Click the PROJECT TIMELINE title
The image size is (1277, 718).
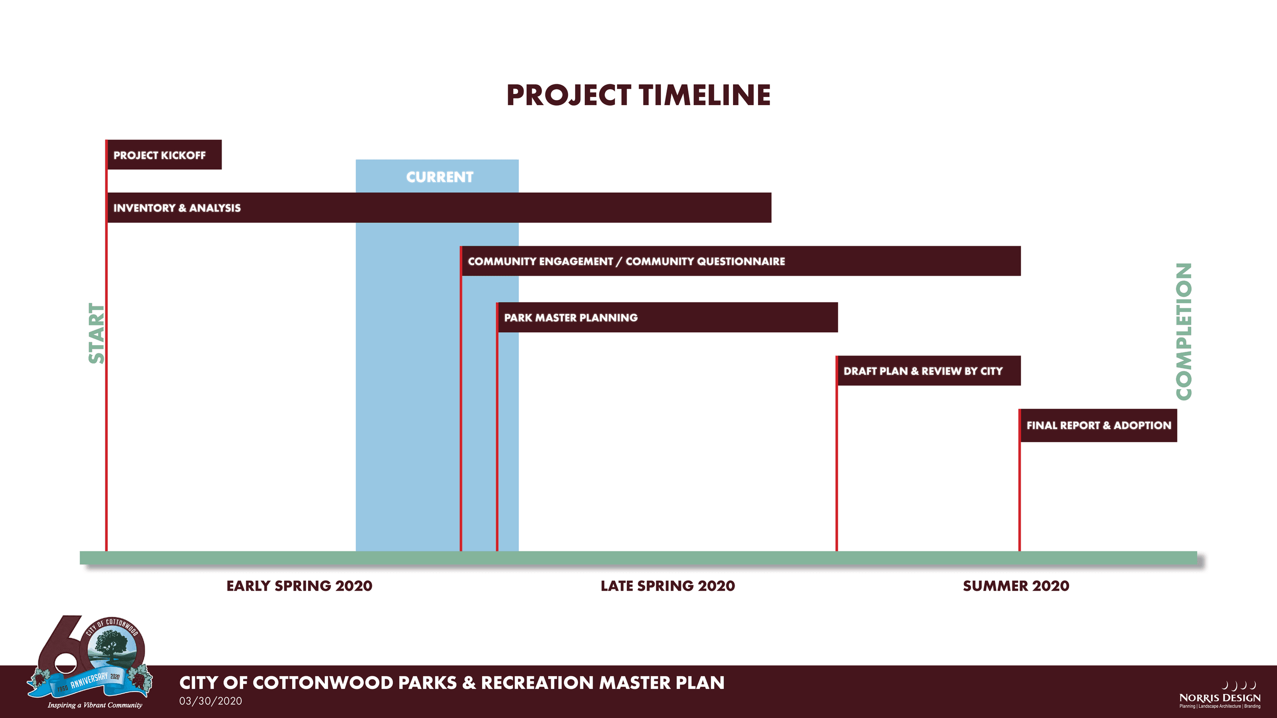(638, 95)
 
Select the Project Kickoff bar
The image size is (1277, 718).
(164, 155)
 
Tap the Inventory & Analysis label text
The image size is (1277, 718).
(177, 208)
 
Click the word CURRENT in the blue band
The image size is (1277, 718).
(440, 177)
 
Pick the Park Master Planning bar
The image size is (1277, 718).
(667, 317)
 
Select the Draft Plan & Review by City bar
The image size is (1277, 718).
(929, 371)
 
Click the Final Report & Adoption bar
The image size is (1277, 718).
(1098, 425)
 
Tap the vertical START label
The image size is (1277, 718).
(97, 333)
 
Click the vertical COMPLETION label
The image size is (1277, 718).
(1184, 331)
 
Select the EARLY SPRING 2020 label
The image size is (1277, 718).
(299, 586)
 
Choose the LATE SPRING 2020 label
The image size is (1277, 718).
(668, 586)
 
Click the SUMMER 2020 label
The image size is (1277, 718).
(1016, 586)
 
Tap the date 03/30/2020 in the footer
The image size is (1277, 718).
(210, 701)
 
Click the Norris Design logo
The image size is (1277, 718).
(1220, 695)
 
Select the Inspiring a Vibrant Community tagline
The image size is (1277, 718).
(95, 705)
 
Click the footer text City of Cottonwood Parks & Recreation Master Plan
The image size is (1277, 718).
(452, 683)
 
